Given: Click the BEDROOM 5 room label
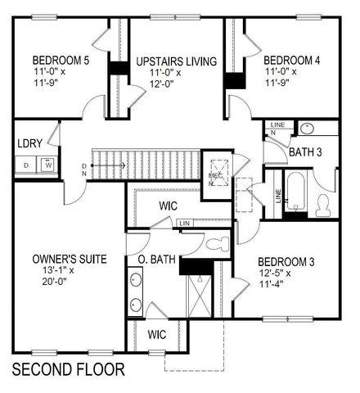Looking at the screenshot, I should [61, 61].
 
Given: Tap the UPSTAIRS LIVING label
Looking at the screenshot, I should [176, 61].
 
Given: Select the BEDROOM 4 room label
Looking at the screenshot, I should [290, 61].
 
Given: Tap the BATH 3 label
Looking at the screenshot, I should [304, 151].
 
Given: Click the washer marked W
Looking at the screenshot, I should [47, 165].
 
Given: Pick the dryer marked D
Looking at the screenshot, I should [27, 165].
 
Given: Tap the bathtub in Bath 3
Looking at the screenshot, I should [295, 195].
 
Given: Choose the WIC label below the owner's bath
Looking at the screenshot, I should [159, 335].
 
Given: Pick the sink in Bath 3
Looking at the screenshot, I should [307, 128].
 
